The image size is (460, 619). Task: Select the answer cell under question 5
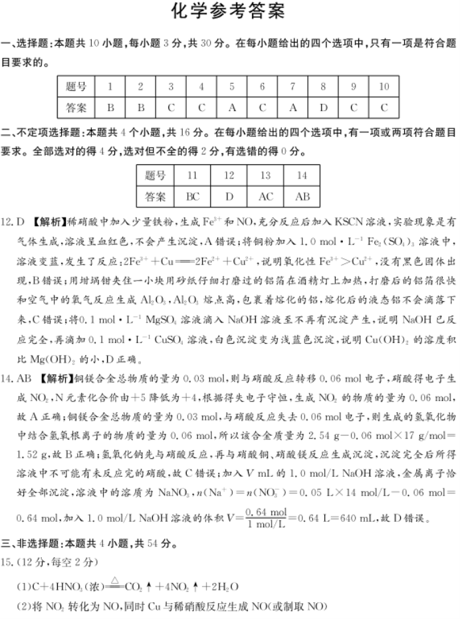(232, 107)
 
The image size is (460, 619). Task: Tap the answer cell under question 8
(323, 107)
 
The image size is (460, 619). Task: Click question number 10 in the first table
(384, 87)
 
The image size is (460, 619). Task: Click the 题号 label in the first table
(76, 87)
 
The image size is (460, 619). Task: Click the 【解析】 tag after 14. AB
(57, 379)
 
